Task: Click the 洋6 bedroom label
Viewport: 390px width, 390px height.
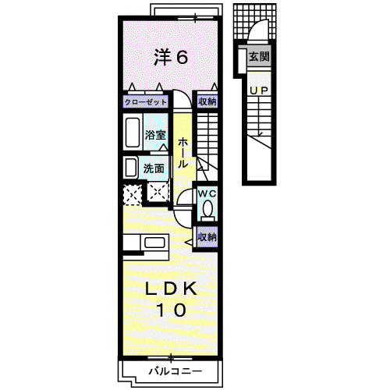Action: click(x=171, y=57)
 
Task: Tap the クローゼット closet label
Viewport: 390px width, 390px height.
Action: click(x=146, y=102)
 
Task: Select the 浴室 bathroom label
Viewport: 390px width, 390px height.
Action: click(x=155, y=135)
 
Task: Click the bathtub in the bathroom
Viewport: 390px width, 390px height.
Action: click(x=133, y=133)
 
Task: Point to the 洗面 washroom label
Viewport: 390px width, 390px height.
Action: click(x=154, y=168)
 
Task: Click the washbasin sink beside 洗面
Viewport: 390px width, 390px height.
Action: click(x=131, y=168)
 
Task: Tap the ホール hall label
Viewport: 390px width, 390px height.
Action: click(x=183, y=153)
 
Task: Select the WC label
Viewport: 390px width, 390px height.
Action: click(x=207, y=193)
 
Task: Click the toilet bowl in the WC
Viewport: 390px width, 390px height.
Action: click(x=207, y=208)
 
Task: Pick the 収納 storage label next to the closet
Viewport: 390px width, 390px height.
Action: click(x=207, y=101)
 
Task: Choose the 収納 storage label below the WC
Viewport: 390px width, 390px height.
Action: click(x=207, y=237)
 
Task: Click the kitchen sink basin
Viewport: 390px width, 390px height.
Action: click(x=154, y=243)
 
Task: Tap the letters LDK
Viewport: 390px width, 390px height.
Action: click(x=171, y=289)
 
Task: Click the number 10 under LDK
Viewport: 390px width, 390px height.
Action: click(x=171, y=310)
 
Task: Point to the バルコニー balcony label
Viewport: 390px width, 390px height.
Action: click(x=175, y=371)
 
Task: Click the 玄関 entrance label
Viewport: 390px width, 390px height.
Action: click(x=259, y=56)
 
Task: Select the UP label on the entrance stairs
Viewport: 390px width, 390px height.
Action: click(x=259, y=90)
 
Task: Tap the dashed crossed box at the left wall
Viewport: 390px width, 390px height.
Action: click(x=133, y=194)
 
